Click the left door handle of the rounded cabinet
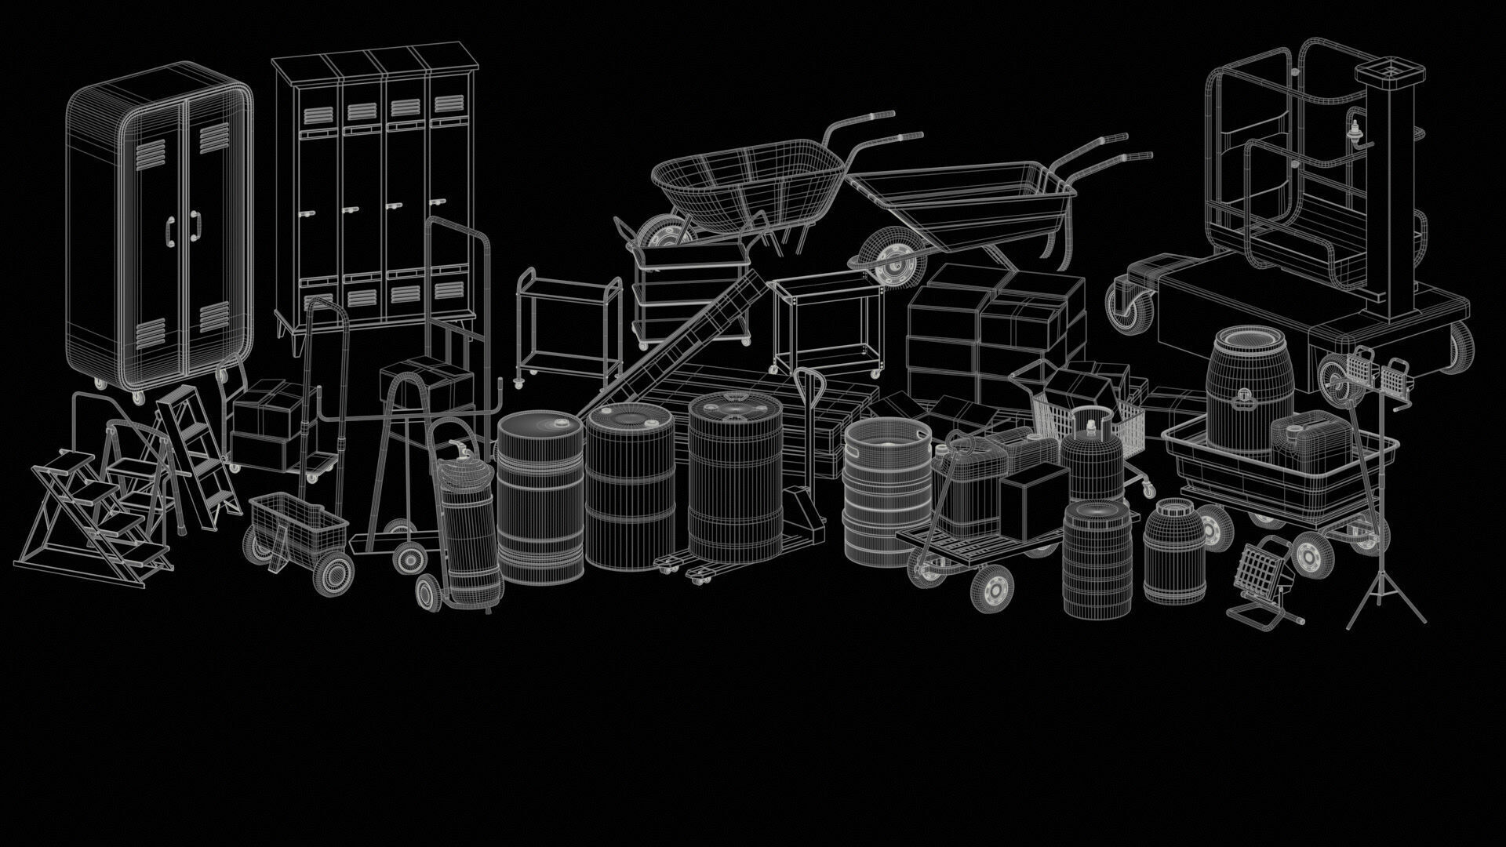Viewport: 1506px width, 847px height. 170,228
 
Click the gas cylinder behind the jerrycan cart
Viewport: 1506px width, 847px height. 1093,457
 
